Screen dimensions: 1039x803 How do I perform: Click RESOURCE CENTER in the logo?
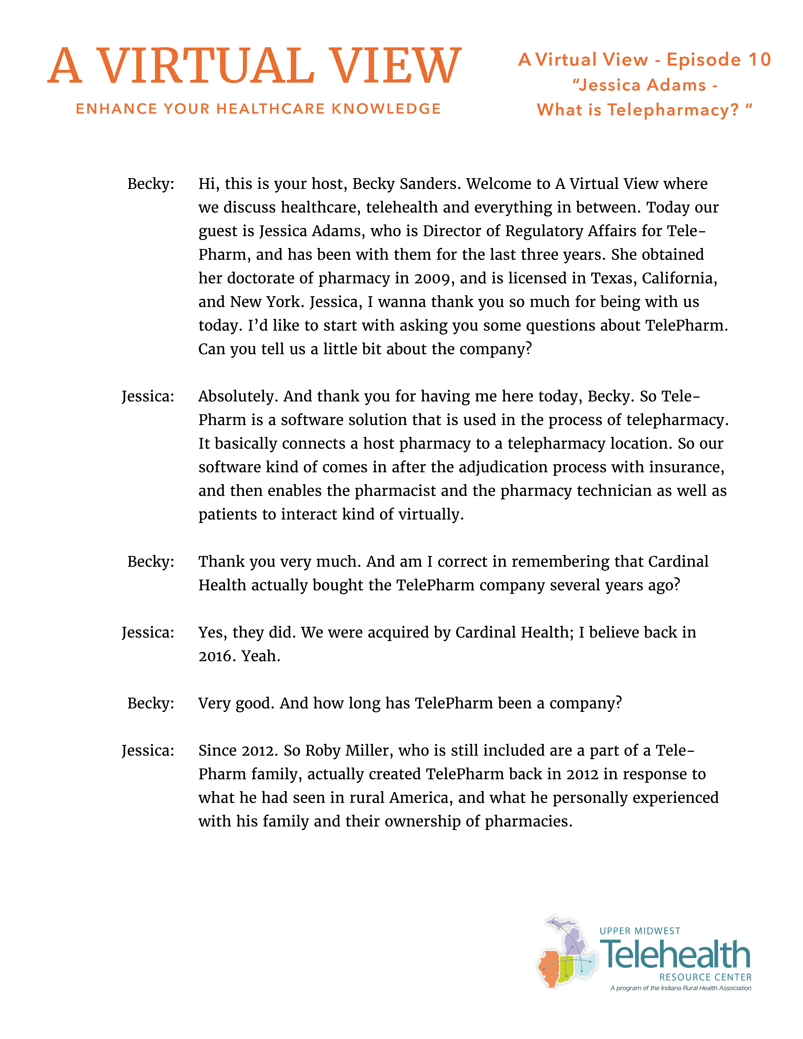[x=705, y=977]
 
